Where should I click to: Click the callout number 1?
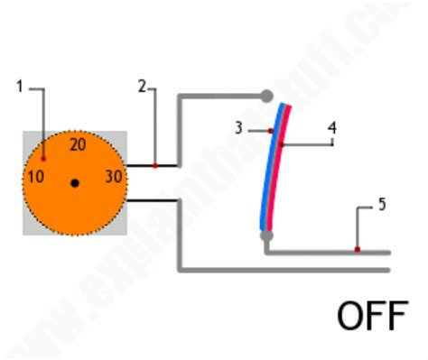[x=21, y=87]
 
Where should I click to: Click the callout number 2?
[x=143, y=87]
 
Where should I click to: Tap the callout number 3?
[x=238, y=128]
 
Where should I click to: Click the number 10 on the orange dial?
[x=35, y=176]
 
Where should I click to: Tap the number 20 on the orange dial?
[x=77, y=144]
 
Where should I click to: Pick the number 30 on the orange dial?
[x=114, y=176]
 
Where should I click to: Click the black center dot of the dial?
[x=75, y=183]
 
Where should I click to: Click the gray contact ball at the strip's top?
[x=266, y=95]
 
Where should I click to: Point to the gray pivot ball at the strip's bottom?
[x=265, y=235]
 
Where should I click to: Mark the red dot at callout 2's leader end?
[x=155, y=165]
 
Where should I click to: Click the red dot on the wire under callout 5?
[x=358, y=249]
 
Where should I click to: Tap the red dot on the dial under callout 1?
[x=43, y=158]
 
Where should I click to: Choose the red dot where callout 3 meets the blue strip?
[x=271, y=131]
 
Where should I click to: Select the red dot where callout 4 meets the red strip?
[x=282, y=144]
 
